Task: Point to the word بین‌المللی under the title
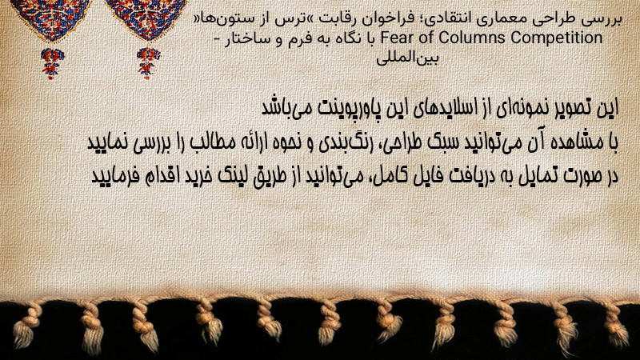click(x=407, y=58)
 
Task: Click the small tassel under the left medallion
click(x=52, y=63)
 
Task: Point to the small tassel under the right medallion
click(x=148, y=63)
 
